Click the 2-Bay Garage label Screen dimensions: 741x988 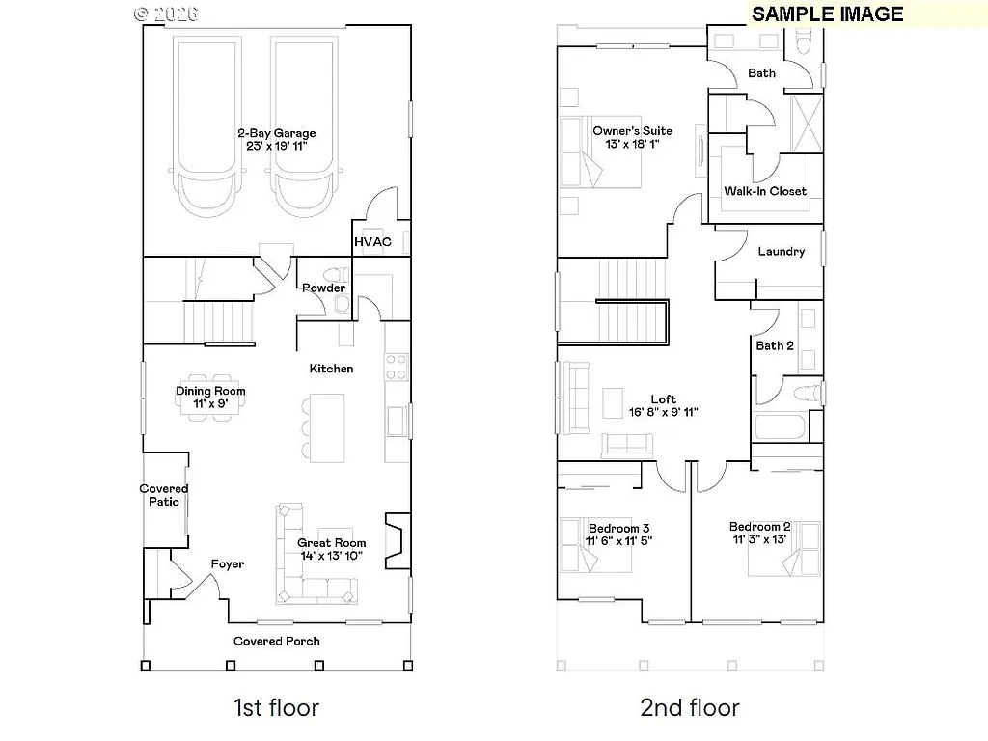click(276, 133)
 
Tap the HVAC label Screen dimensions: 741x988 click(372, 241)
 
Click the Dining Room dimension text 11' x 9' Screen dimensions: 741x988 click(210, 404)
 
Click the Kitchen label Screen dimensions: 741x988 click(331, 369)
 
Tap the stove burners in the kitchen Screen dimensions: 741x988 click(397, 366)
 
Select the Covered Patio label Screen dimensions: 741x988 click(164, 495)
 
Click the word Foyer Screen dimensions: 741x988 click(228, 564)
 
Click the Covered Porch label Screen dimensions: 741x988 click(277, 641)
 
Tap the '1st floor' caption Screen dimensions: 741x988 click(276, 708)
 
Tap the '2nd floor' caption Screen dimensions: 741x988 click(690, 708)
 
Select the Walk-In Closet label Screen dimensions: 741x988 click(765, 191)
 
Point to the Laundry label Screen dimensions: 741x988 click(781, 251)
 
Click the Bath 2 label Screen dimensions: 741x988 click(775, 345)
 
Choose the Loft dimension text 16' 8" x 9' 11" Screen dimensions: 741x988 click(663, 412)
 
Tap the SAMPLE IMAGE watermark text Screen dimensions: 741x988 click(827, 14)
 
